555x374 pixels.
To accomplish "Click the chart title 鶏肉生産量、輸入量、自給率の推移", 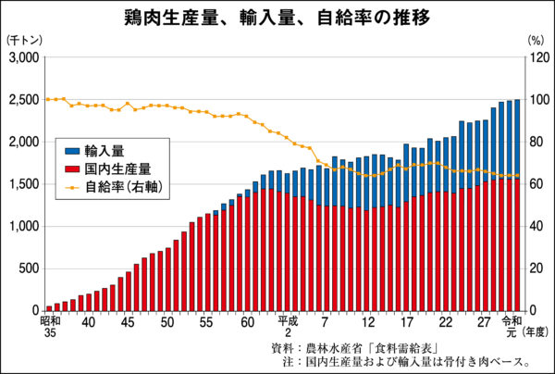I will [277, 18].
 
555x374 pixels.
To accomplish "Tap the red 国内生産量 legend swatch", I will [73, 168].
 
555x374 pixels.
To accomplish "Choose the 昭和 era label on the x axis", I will [50, 321].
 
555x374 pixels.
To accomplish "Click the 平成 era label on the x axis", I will [288, 321].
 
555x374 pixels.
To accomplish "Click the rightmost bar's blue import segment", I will [516, 139].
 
